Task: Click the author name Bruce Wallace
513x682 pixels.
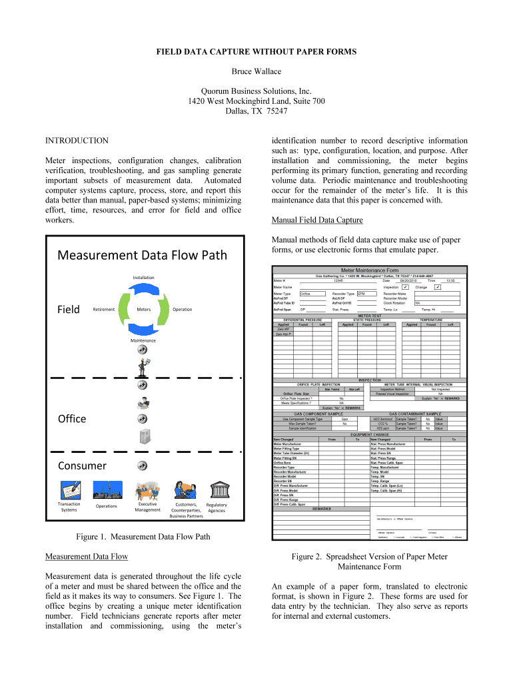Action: (x=256, y=71)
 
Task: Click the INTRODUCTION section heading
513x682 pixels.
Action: (x=77, y=141)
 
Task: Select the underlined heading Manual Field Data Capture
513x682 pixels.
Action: (x=317, y=220)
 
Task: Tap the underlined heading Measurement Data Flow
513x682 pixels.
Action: (x=86, y=556)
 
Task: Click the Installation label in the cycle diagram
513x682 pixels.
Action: (x=143, y=277)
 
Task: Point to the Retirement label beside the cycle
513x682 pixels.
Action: (x=104, y=309)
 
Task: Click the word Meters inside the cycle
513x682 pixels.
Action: (x=143, y=309)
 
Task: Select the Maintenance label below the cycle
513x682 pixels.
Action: (x=143, y=340)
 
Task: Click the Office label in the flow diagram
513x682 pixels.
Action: (x=72, y=418)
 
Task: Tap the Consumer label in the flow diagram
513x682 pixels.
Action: (x=82, y=466)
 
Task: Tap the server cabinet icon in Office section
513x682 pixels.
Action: (x=143, y=437)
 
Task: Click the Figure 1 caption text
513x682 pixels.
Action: (x=143, y=537)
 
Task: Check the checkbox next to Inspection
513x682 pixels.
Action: (x=406, y=287)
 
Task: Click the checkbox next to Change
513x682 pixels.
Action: (x=437, y=287)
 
